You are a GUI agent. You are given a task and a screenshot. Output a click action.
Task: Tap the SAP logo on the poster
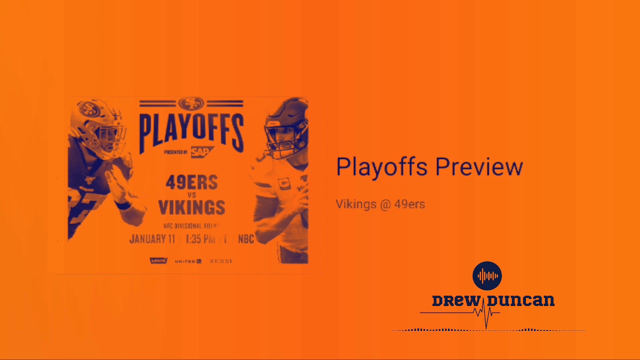(x=201, y=152)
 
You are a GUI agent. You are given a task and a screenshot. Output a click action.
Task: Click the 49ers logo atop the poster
(x=191, y=103)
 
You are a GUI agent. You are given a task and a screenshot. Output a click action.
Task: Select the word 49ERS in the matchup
(x=191, y=183)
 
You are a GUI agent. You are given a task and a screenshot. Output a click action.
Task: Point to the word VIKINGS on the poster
(x=191, y=207)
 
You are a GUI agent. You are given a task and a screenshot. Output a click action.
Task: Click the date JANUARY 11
(x=152, y=239)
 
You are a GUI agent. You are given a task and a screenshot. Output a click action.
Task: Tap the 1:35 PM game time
(x=200, y=239)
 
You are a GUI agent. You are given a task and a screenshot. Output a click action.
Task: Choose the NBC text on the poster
(x=246, y=239)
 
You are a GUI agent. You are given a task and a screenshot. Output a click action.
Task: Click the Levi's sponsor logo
(x=158, y=261)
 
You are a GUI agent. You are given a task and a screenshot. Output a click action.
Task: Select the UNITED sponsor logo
(x=187, y=261)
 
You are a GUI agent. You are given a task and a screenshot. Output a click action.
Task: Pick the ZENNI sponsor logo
(x=220, y=261)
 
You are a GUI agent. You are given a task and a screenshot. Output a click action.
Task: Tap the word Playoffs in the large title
(x=380, y=167)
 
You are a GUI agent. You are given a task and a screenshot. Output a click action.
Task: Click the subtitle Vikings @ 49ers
(x=380, y=204)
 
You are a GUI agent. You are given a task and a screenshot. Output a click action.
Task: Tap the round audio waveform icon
(x=487, y=275)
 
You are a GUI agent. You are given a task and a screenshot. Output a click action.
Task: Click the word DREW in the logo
(x=456, y=301)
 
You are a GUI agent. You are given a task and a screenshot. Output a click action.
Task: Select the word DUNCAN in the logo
(x=521, y=301)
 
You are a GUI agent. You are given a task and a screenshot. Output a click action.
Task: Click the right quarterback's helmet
(x=285, y=127)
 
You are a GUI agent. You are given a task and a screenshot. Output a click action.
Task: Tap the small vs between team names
(x=191, y=195)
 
